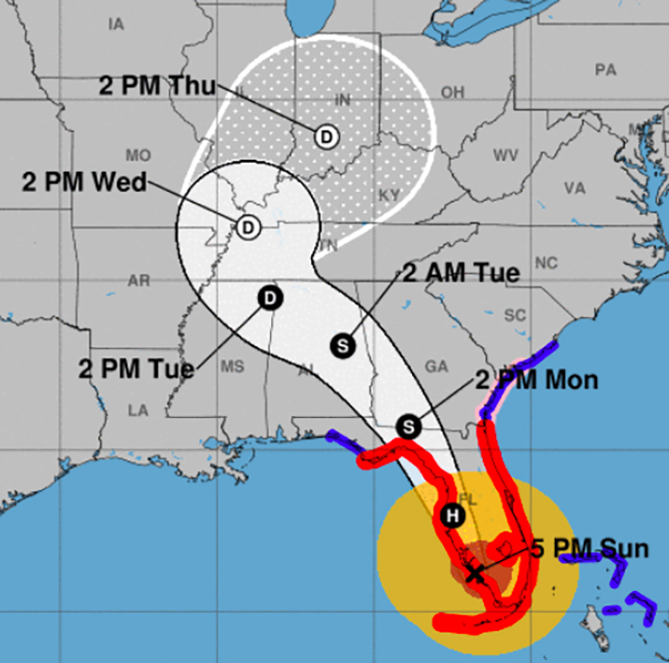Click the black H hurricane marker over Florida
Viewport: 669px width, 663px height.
452,515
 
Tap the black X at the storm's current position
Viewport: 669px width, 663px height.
474,572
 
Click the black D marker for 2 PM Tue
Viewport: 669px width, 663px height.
270,298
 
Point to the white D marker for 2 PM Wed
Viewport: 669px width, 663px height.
248,227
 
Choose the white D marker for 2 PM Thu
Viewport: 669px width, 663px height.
326,136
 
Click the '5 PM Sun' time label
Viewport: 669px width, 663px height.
589,549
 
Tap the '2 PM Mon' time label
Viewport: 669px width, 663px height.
536,380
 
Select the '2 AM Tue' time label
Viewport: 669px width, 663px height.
461,274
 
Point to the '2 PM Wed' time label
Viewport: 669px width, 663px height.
84,183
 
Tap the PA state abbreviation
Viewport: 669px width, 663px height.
605,70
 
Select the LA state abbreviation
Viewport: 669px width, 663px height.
139,410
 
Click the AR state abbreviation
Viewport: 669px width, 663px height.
139,280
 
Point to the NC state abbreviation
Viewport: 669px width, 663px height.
546,263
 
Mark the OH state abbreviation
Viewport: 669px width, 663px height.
453,93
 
